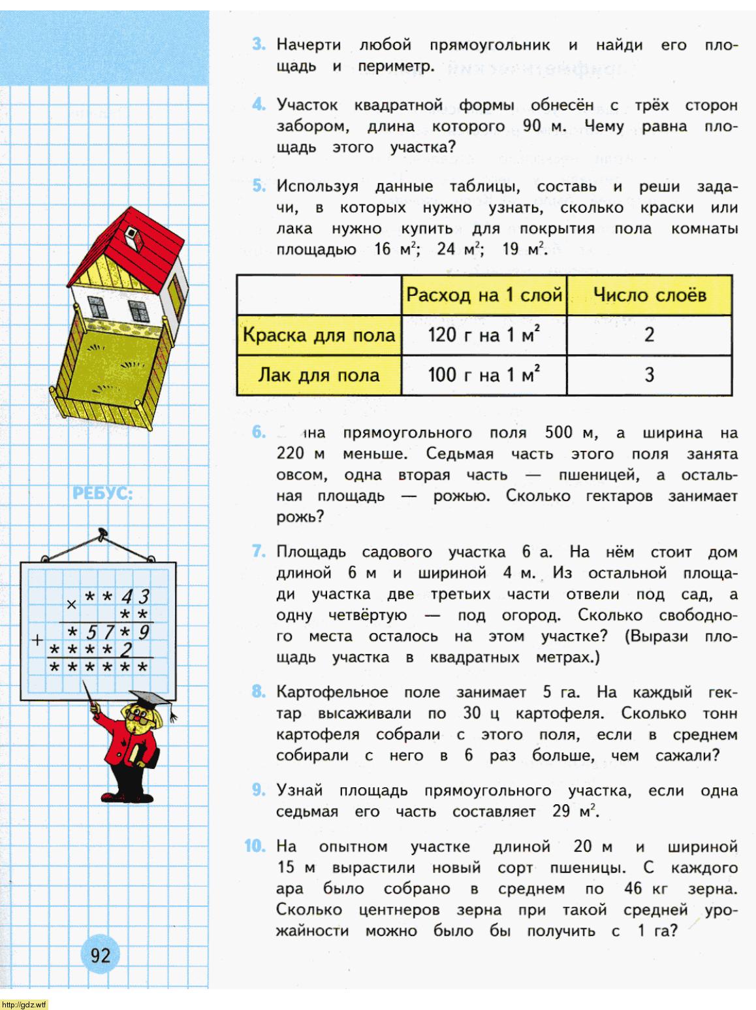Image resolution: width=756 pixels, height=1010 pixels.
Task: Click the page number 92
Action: click(101, 956)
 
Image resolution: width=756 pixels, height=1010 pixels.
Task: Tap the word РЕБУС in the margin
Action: click(102, 494)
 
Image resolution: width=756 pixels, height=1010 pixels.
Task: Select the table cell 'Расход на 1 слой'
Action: click(484, 295)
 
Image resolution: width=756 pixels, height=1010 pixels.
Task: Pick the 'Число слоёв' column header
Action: click(649, 295)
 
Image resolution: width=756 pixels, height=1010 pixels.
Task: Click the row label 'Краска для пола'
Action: click(319, 336)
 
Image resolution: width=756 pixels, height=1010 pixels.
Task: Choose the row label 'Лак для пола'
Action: click(319, 375)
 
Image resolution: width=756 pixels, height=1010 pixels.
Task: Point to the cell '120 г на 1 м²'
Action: click(484, 336)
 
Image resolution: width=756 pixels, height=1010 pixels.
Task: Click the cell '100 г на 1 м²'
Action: click(484, 375)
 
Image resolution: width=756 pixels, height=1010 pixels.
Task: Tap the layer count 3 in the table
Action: click(649, 375)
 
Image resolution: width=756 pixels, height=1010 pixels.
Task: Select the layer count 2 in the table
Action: click(649, 336)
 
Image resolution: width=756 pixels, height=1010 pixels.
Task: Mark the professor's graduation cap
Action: click(152, 700)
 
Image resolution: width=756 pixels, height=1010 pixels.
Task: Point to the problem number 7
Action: click(259, 552)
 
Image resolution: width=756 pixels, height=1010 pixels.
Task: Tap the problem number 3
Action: click(259, 45)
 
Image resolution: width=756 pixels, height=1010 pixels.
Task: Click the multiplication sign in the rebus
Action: click(72, 604)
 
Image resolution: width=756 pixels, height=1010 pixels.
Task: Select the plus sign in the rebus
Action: click(39, 640)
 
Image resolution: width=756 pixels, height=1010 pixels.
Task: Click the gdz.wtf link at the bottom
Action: click(25, 1004)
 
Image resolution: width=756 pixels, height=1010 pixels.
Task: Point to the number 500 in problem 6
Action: click(558, 432)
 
